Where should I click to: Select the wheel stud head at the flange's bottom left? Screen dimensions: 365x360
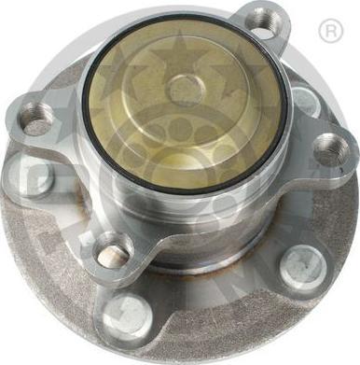point(128,315)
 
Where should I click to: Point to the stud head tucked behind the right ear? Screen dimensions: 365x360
point(304,98)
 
